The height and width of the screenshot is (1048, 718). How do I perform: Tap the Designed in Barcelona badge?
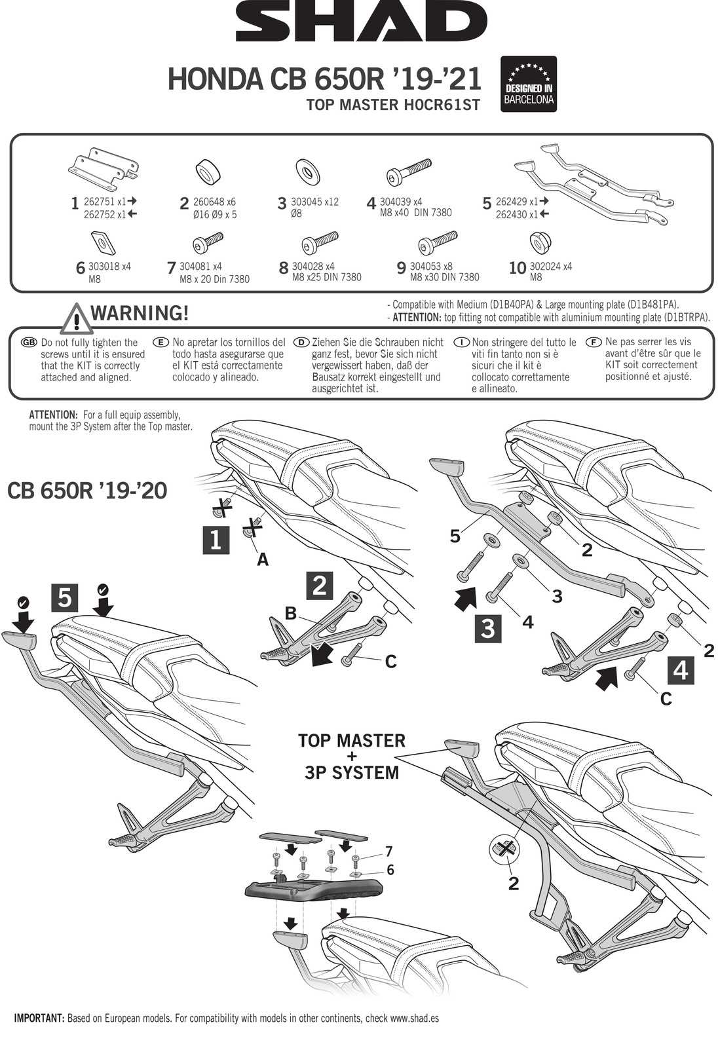tap(528, 84)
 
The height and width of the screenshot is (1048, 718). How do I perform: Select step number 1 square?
tap(216, 540)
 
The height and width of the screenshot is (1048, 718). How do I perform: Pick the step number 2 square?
tap(319, 585)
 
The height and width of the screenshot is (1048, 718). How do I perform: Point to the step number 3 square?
tap(488, 628)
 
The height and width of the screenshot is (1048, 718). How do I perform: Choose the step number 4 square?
tap(681, 670)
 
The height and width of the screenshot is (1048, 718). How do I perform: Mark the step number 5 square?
tap(64, 597)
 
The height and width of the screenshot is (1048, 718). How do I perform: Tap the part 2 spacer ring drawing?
tap(208, 172)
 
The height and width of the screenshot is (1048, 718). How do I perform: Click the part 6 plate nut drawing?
tap(104, 243)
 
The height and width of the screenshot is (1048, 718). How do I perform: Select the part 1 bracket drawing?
tap(103, 168)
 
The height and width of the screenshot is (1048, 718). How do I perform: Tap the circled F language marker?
tap(594, 342)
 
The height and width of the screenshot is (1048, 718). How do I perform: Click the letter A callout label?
tap(262, 559)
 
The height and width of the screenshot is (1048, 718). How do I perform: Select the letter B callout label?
tap(291, 614)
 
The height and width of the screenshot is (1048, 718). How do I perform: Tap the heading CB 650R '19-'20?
tap(87, 491)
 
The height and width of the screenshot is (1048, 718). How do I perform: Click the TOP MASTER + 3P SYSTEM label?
tap(352, 757)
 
